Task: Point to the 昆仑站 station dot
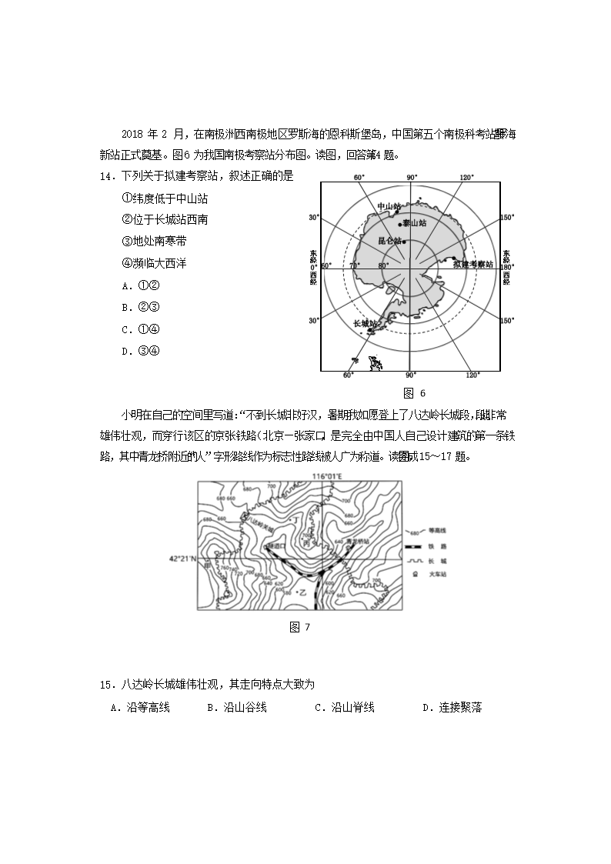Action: click(x=405, y=241)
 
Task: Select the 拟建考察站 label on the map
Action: click(x=473, y=264)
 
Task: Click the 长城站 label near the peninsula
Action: click(x=365, y=324)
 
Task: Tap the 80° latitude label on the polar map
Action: click(x=382, y=266)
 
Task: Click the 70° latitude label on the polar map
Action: click(x=354, y=266)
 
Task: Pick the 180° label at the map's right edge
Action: click(x=506, y=267)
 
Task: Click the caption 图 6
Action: click(x=409, y=393)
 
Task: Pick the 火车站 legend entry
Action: click(x=438, y=575)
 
